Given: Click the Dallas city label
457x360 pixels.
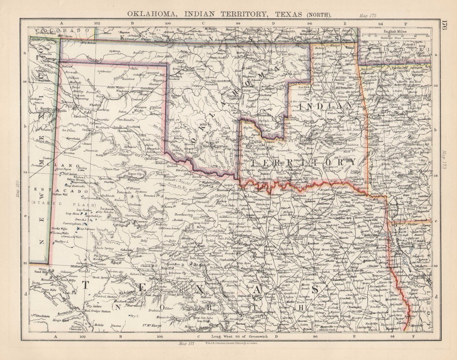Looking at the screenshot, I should (294, 235).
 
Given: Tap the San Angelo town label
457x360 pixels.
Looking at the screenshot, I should (154, 296).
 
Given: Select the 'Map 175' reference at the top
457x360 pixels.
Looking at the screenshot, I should (367, 15).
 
